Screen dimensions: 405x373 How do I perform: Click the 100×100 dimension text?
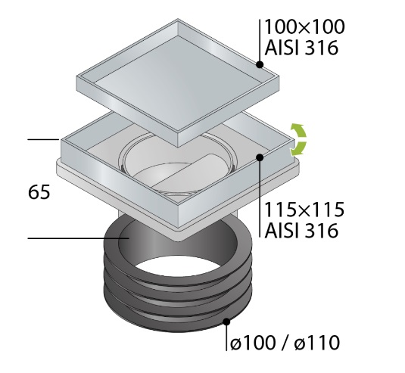click(305, 26)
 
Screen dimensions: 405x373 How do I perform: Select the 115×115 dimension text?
click(305, 210)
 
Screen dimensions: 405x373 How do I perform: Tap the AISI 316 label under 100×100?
click(301, 48)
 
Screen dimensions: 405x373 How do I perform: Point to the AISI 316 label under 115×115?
click(301, 230)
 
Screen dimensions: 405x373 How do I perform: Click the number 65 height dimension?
click(39, 192)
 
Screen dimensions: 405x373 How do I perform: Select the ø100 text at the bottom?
click(252, 343)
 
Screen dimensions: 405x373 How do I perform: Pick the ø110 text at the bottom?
click(317, 343)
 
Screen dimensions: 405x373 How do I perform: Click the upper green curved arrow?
click(298, 131)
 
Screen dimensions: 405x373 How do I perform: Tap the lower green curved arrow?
click(299, 149)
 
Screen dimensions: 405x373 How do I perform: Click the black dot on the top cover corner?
click(260, 64)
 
